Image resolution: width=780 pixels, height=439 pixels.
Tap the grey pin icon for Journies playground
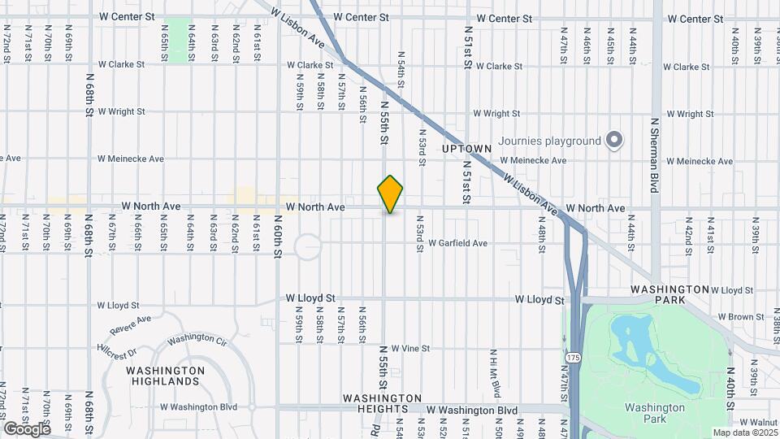pos(615,141)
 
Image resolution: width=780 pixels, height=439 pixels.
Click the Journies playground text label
pos(549,141)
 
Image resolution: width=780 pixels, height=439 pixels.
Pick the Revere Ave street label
pos(133,323)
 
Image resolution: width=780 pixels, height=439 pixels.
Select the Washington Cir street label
pos(192,338)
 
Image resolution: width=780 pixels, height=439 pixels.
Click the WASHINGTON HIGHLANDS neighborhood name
pos(165,376)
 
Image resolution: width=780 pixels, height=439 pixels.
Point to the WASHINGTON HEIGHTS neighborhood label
pos(382,403)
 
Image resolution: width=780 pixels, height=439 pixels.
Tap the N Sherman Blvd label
pos(655,154)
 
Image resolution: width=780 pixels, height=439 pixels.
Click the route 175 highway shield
pos(574,357)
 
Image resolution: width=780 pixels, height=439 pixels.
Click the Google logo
pos(27,428)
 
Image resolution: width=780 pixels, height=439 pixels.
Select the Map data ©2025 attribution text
pos(743,432)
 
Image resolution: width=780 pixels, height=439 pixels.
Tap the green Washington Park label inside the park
pos(654,413)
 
